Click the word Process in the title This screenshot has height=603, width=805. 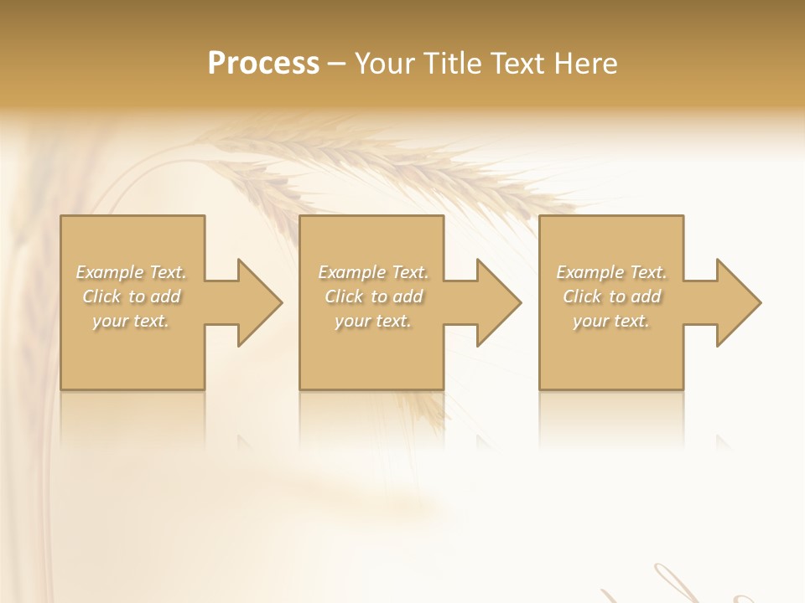coord(263,63)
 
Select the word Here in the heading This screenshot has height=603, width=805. coord(587,63)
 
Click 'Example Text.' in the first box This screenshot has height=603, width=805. coord(132,272)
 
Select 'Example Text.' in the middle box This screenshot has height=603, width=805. coord(373,272)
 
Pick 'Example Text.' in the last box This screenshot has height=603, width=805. coord(611,272)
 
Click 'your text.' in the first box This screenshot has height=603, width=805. coord(131,321)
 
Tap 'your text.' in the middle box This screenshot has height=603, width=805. coord(373,321)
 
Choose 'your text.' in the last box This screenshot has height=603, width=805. coord(611,321)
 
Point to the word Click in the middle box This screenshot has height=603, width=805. coord(344,296)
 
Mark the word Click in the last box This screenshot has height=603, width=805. coord(582,296)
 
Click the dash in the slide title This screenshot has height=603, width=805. coord(336,64)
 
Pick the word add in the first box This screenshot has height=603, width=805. coord(165,296)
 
